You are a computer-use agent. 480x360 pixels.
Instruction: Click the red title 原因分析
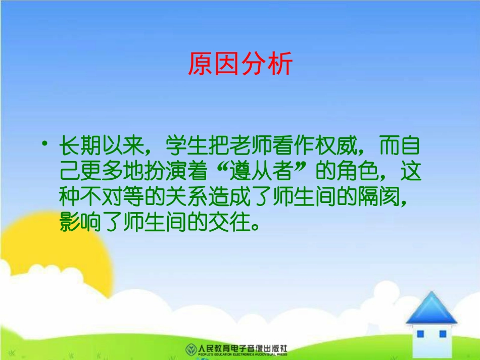240,64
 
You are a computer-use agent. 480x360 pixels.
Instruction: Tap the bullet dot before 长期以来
46,145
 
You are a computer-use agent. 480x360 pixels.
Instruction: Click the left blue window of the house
420,334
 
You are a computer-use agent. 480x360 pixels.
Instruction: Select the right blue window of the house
443,334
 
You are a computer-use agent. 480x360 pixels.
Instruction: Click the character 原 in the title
200,64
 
